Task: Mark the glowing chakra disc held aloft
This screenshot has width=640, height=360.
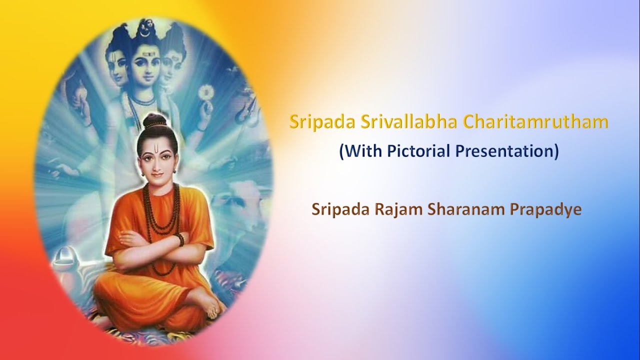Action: [x=206, y=92]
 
